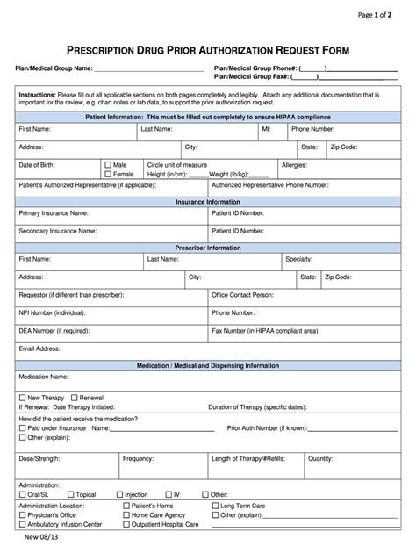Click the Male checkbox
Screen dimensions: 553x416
(x=108, y=164)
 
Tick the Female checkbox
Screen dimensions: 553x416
(x=108, y=174)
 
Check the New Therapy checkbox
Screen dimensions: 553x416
(x=23, y=397)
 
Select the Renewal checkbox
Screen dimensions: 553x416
(x=74, y=397)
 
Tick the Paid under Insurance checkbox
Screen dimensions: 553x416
(x=23, y=427)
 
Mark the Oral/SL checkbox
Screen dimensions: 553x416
(x=23, y=494)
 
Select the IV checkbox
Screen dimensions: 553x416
(x=169, y=494)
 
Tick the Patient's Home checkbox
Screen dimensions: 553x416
(x=126, y=506)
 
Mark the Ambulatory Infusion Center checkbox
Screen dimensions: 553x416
(x=23, y=524)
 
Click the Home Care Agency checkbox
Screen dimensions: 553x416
(x=126, y=514)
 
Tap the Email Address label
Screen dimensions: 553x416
(x=39, y=348)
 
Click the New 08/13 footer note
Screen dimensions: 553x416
(x=36, y=539)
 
